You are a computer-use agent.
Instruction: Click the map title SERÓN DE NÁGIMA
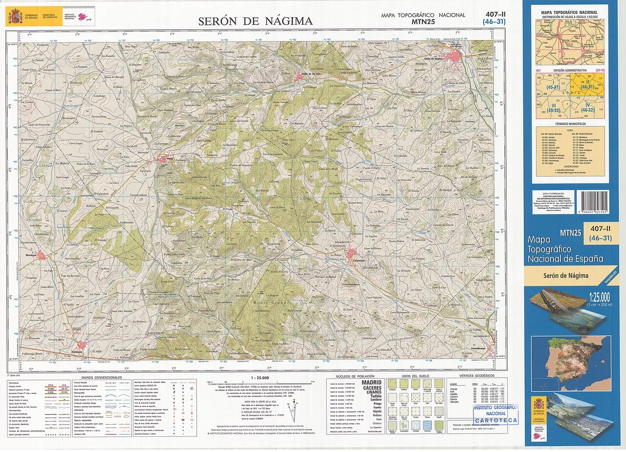pos(255,21)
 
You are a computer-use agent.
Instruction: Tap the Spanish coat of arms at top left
pos(14,18)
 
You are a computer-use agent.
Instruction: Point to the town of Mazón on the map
pos(164,159)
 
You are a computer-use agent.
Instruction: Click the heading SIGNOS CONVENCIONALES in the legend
pos(102,378)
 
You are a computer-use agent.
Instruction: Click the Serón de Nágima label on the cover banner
pos(565,276)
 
